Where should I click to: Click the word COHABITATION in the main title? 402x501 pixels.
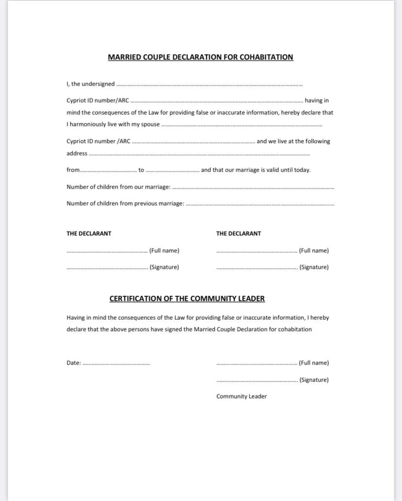tap(267, 57)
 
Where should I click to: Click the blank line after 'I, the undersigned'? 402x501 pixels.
tap(209, 85)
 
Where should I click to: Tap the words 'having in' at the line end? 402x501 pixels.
tap(317, 101)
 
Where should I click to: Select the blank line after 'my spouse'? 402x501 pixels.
tap(241, 125)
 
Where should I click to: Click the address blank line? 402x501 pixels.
tap(199, 155)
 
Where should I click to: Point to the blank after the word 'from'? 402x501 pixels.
tap(108, 171)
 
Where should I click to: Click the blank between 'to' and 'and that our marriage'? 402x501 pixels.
tap(172, 171)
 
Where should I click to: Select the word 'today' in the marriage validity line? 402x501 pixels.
tap(302, 170)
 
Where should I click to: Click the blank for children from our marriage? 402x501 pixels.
tap(253, 188)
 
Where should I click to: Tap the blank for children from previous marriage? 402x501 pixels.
tap(260, 205)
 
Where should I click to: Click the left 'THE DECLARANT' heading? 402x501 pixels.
tap(89, 234)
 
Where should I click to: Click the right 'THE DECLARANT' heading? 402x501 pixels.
tap(238, 234)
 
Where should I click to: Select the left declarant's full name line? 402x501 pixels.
tap(107, 252)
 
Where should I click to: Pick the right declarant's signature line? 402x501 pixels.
tap(257, 269)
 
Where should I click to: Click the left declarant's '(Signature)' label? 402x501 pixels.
tap(164, 267)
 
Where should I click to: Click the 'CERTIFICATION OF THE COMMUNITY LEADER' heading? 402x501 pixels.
tap(187, 299)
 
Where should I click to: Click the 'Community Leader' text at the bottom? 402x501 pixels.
tap(241, 397)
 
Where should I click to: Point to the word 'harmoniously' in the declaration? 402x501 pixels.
tap(87, 124)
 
